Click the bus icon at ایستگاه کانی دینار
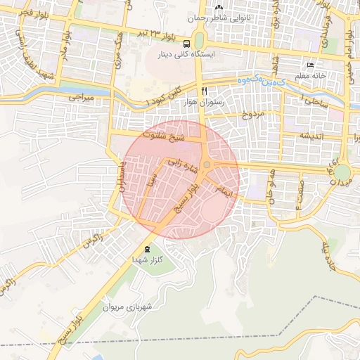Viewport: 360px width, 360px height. coord(186,42)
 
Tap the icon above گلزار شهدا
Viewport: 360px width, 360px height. coord(147,249)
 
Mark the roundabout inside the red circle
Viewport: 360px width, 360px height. coord(207,165)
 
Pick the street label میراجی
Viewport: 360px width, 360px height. coord(79,98)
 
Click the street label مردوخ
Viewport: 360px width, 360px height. coord(252,114)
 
